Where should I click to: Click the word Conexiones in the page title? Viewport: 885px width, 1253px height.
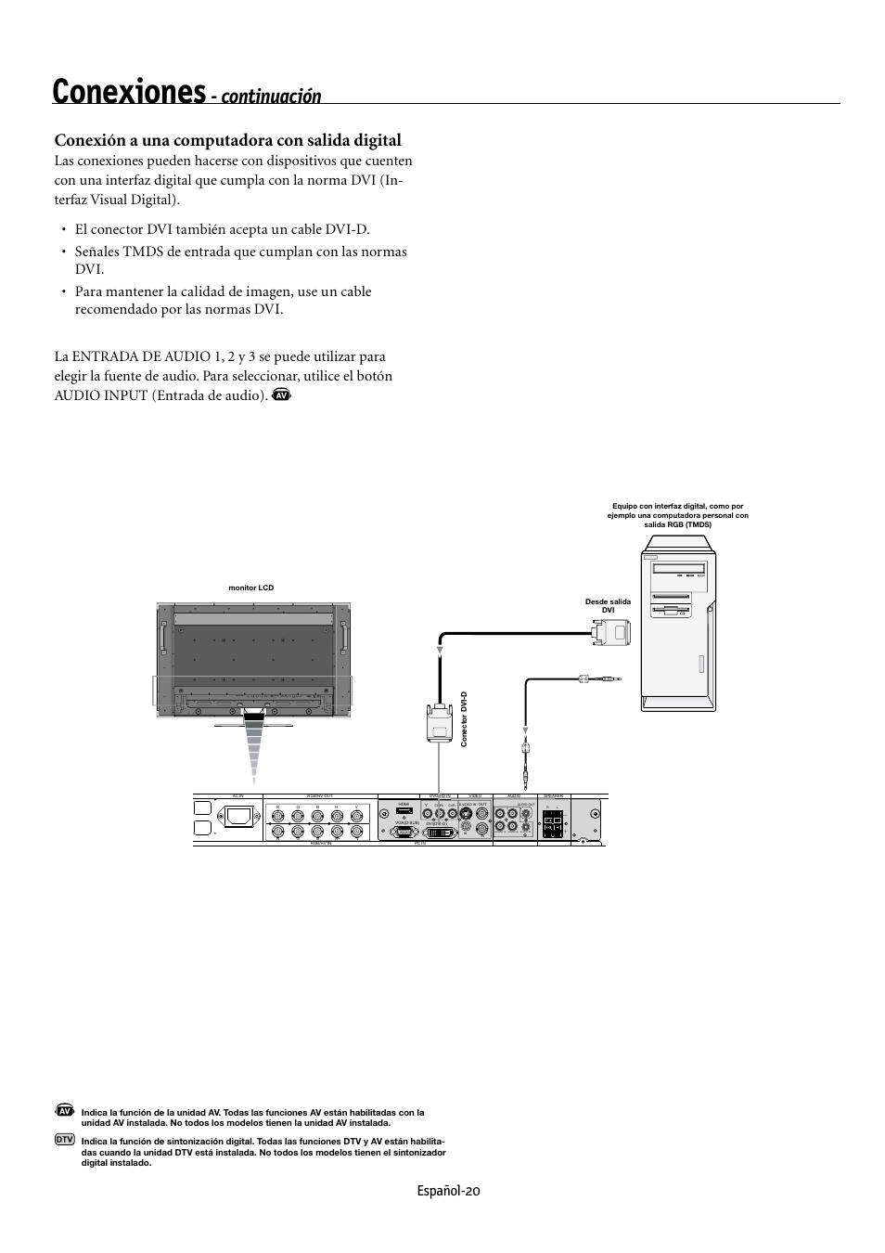pos(129,93)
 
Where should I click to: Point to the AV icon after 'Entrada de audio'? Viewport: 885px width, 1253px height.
pos(283,396)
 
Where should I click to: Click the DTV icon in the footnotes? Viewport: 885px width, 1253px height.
pos(64,1139)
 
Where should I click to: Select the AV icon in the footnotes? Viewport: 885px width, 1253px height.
pos(64,1111)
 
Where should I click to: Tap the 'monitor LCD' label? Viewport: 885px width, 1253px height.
pos(251,588)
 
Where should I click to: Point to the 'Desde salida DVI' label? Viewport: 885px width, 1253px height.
pos(608,605)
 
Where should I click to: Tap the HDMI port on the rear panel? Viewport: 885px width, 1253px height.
pos(404,810)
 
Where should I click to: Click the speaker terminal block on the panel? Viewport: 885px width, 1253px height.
pos(553,825)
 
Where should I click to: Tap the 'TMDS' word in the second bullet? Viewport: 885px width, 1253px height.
pos(140,252)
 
